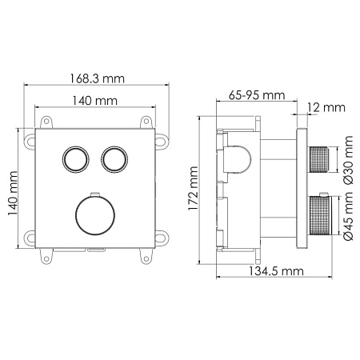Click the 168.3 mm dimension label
click(x=94, y=78)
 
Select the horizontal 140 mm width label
click(x=93, y=101)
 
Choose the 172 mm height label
click(x=193, y=193)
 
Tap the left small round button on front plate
click(x=75, y=158)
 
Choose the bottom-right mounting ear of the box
click(x=160, y=237)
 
